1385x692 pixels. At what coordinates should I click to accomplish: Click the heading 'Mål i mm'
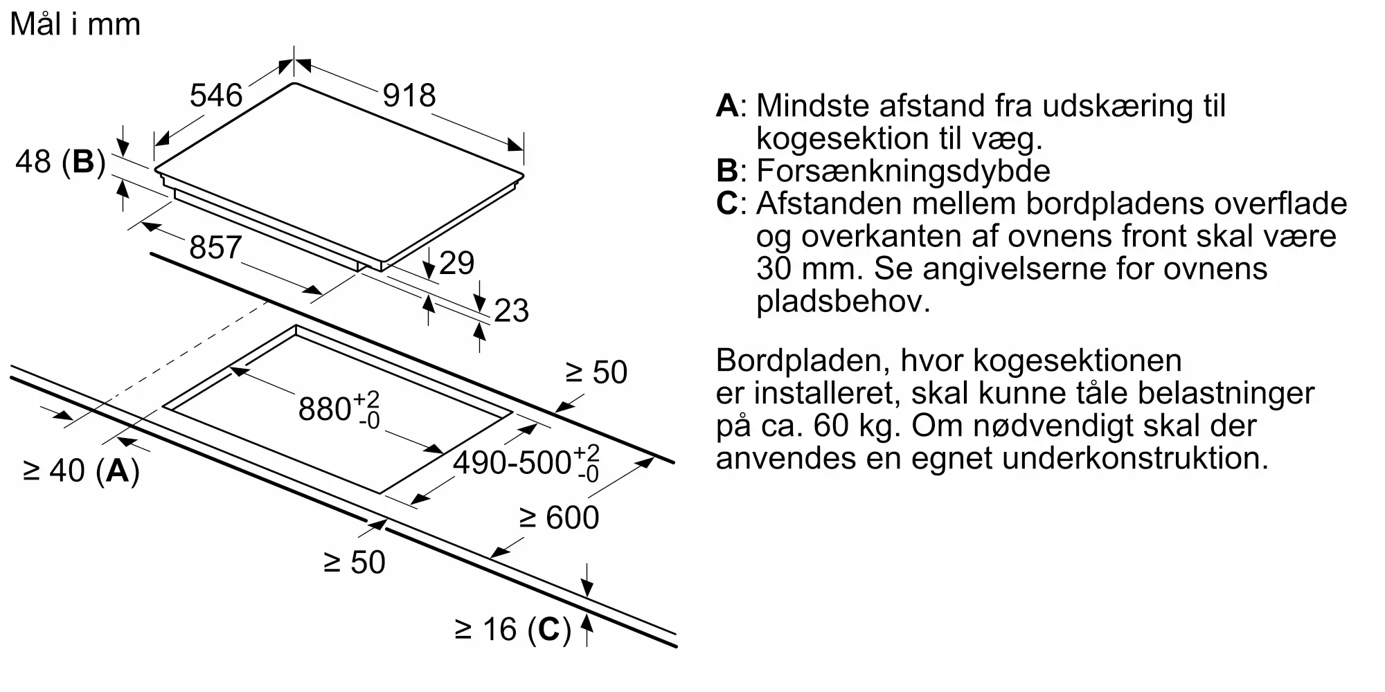click(75, 25)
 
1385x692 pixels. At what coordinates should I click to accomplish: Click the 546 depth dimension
click(216, 95)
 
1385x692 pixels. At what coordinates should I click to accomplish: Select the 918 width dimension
click(409, 95)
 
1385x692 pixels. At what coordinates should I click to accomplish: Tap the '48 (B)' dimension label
click(60, 162)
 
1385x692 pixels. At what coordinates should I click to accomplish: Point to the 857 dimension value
click(215, 248)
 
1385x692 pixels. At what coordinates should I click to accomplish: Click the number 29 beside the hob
click(456, 264)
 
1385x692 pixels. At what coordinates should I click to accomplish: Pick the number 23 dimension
click(511, 311)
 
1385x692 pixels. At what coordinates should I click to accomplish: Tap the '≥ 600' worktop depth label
click(559, 518)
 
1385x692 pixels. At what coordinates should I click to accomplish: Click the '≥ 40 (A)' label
click(82, 471)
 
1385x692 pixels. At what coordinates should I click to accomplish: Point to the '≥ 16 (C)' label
click(513, 630)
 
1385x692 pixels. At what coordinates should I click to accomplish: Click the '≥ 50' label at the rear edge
click(596, 372)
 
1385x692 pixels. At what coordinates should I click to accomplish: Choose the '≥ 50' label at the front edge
click(355, 562)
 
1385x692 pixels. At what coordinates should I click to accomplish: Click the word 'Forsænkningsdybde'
click(903, 171)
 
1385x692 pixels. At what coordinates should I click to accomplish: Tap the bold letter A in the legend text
click(727, 106)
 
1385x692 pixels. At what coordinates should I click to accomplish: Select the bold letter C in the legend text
click(727, 203)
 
